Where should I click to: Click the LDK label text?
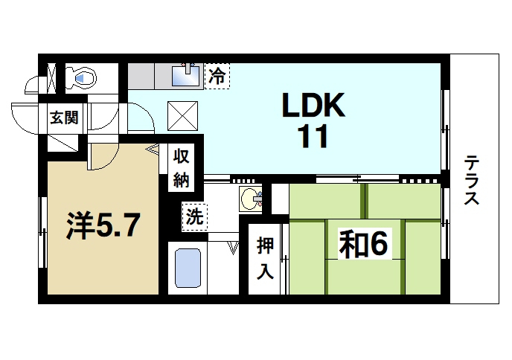(x=313, y=107)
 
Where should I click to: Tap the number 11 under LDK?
(x=313, y=138)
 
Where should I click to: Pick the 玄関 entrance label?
(x=64, y=117)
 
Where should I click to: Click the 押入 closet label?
(x=265, y=257)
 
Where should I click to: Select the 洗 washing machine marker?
(x=195, y=218)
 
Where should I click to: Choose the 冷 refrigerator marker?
(x=217, y=74)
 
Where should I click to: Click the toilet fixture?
(x=83, y=77)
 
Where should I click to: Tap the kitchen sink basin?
(x=185, y=75)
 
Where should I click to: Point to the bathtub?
(x=188, y=270)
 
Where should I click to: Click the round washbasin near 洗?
(x=252, y=199)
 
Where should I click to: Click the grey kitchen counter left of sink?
(x=149, y=75)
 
